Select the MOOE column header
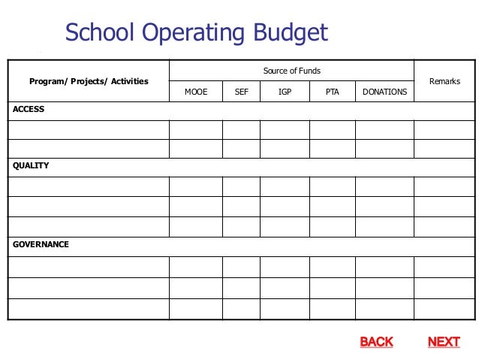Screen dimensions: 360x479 (x=196, y=92)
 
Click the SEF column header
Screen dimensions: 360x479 (x=241, y=92)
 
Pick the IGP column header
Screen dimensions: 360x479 (x=285, y=92)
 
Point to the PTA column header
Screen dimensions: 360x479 (x=332, y=92)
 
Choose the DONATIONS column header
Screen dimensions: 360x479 (x=384, y=92)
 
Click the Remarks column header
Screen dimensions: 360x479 (x=444, y=81)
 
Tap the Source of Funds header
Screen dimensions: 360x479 (x=291, y=71)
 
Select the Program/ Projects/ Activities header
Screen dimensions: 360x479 (x=89, y=81)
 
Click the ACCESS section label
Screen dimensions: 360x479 (x=29, y=110)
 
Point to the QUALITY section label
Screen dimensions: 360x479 (x=31, y=165)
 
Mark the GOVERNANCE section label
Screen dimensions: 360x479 (x=41, y=244)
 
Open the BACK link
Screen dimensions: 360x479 (x=376, y=342)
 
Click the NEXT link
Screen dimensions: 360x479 (x=443, y=342)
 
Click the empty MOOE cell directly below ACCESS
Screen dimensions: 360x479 (x=196, y=129)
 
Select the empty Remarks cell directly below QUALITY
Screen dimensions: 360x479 (x=444, y=186)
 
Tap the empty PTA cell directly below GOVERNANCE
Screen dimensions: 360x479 (x=332, y=266)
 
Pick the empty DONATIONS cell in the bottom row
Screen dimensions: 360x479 (x=384, y=308)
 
